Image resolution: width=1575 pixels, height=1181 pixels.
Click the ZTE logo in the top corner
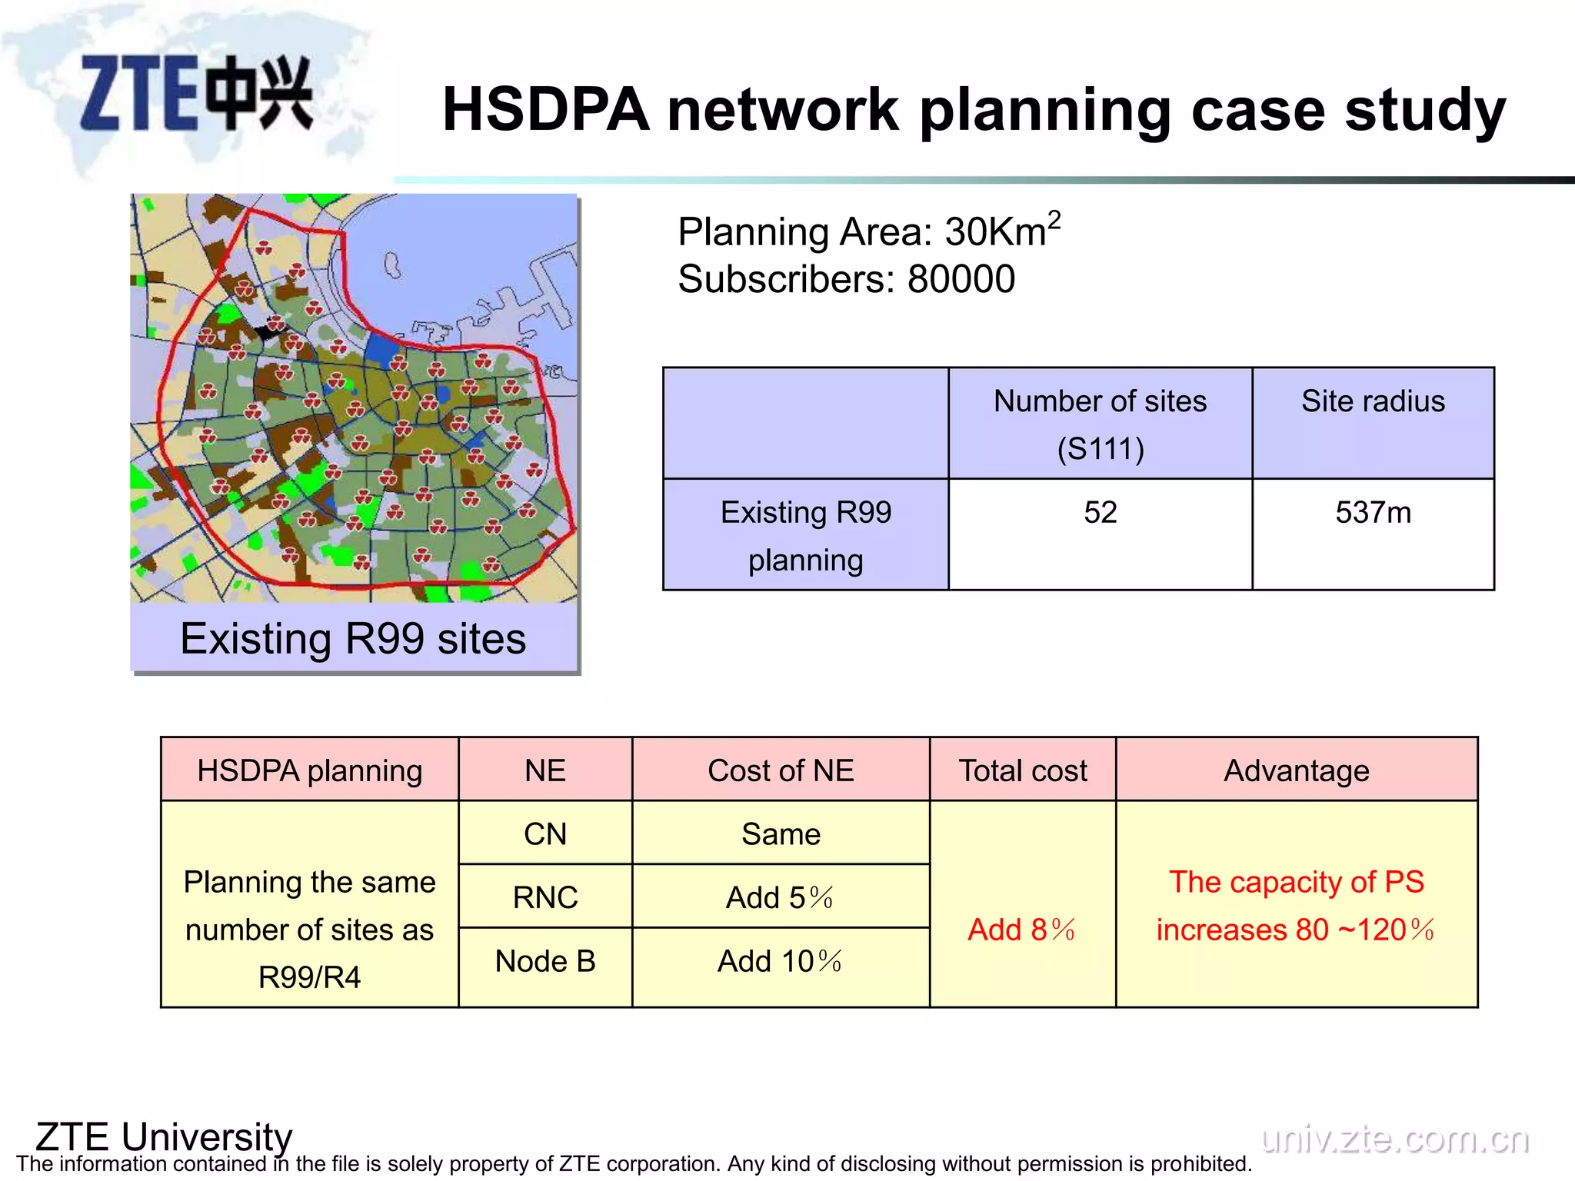[x=196, y=94]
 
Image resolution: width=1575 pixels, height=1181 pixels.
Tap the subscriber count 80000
[x=961, y=279]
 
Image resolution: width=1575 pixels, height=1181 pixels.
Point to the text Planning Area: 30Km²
[x=868, y=231]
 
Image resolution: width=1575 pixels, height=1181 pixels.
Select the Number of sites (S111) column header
[x=1100, y=424]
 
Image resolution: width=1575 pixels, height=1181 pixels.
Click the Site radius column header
[x=1373, y=401]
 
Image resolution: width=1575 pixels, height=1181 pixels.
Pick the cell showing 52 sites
[x=1100, y=513]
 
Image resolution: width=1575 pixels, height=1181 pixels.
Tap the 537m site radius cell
[x=1373, y=513]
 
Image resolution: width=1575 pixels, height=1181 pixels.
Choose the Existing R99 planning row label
[x=805, y=535]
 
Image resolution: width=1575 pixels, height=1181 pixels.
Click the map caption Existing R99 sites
[x=353, y=638]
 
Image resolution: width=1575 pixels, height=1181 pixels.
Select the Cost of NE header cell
[x=781, y=770]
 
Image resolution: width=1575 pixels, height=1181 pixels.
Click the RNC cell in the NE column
[x=545, y=897]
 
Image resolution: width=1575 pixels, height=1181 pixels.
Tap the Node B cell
[x=545, y=961]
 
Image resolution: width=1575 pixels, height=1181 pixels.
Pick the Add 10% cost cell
[x=781, y=961]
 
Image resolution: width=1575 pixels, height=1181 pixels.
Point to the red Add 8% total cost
[x=1022, y=930]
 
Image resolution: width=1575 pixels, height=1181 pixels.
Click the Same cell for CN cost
[x=781, y=834]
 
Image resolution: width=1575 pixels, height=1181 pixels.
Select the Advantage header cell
[x=1297, y=770]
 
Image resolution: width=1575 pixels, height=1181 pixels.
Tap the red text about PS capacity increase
[x=1297, y=906]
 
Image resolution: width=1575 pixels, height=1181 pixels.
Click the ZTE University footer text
[x=164, y=1136]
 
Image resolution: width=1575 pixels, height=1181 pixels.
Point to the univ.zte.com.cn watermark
[x=1395, y=1139]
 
